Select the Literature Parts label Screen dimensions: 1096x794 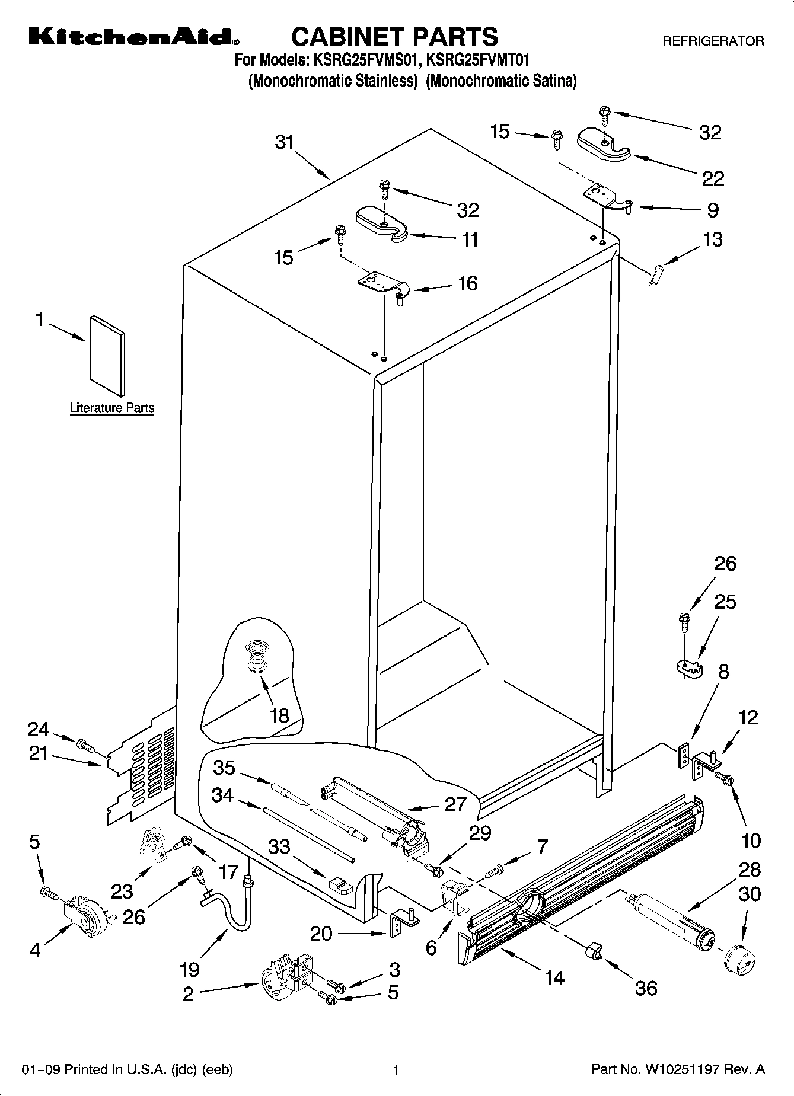tap(112, 408)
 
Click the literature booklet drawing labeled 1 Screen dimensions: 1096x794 tap(107, 355)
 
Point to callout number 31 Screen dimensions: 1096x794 tap(285, 143)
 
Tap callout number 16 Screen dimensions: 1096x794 tap(468, 283)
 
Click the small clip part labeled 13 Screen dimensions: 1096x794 tap(655, 275)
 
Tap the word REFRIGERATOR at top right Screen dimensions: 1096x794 tap(713, 41)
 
